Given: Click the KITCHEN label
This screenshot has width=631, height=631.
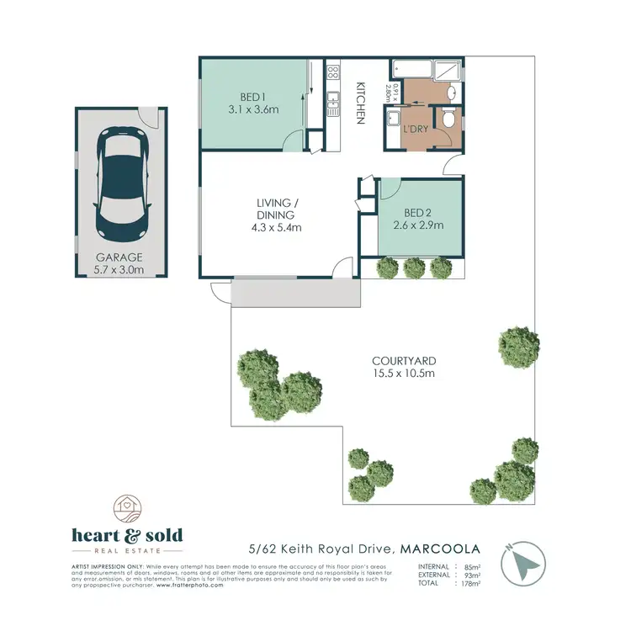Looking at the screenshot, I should point(361,103).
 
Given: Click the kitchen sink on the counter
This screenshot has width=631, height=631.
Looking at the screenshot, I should point(333,105).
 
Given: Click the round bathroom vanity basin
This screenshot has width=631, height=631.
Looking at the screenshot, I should point(450,93).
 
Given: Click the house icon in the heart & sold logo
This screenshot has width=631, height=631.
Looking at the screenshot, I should point(128,507).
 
